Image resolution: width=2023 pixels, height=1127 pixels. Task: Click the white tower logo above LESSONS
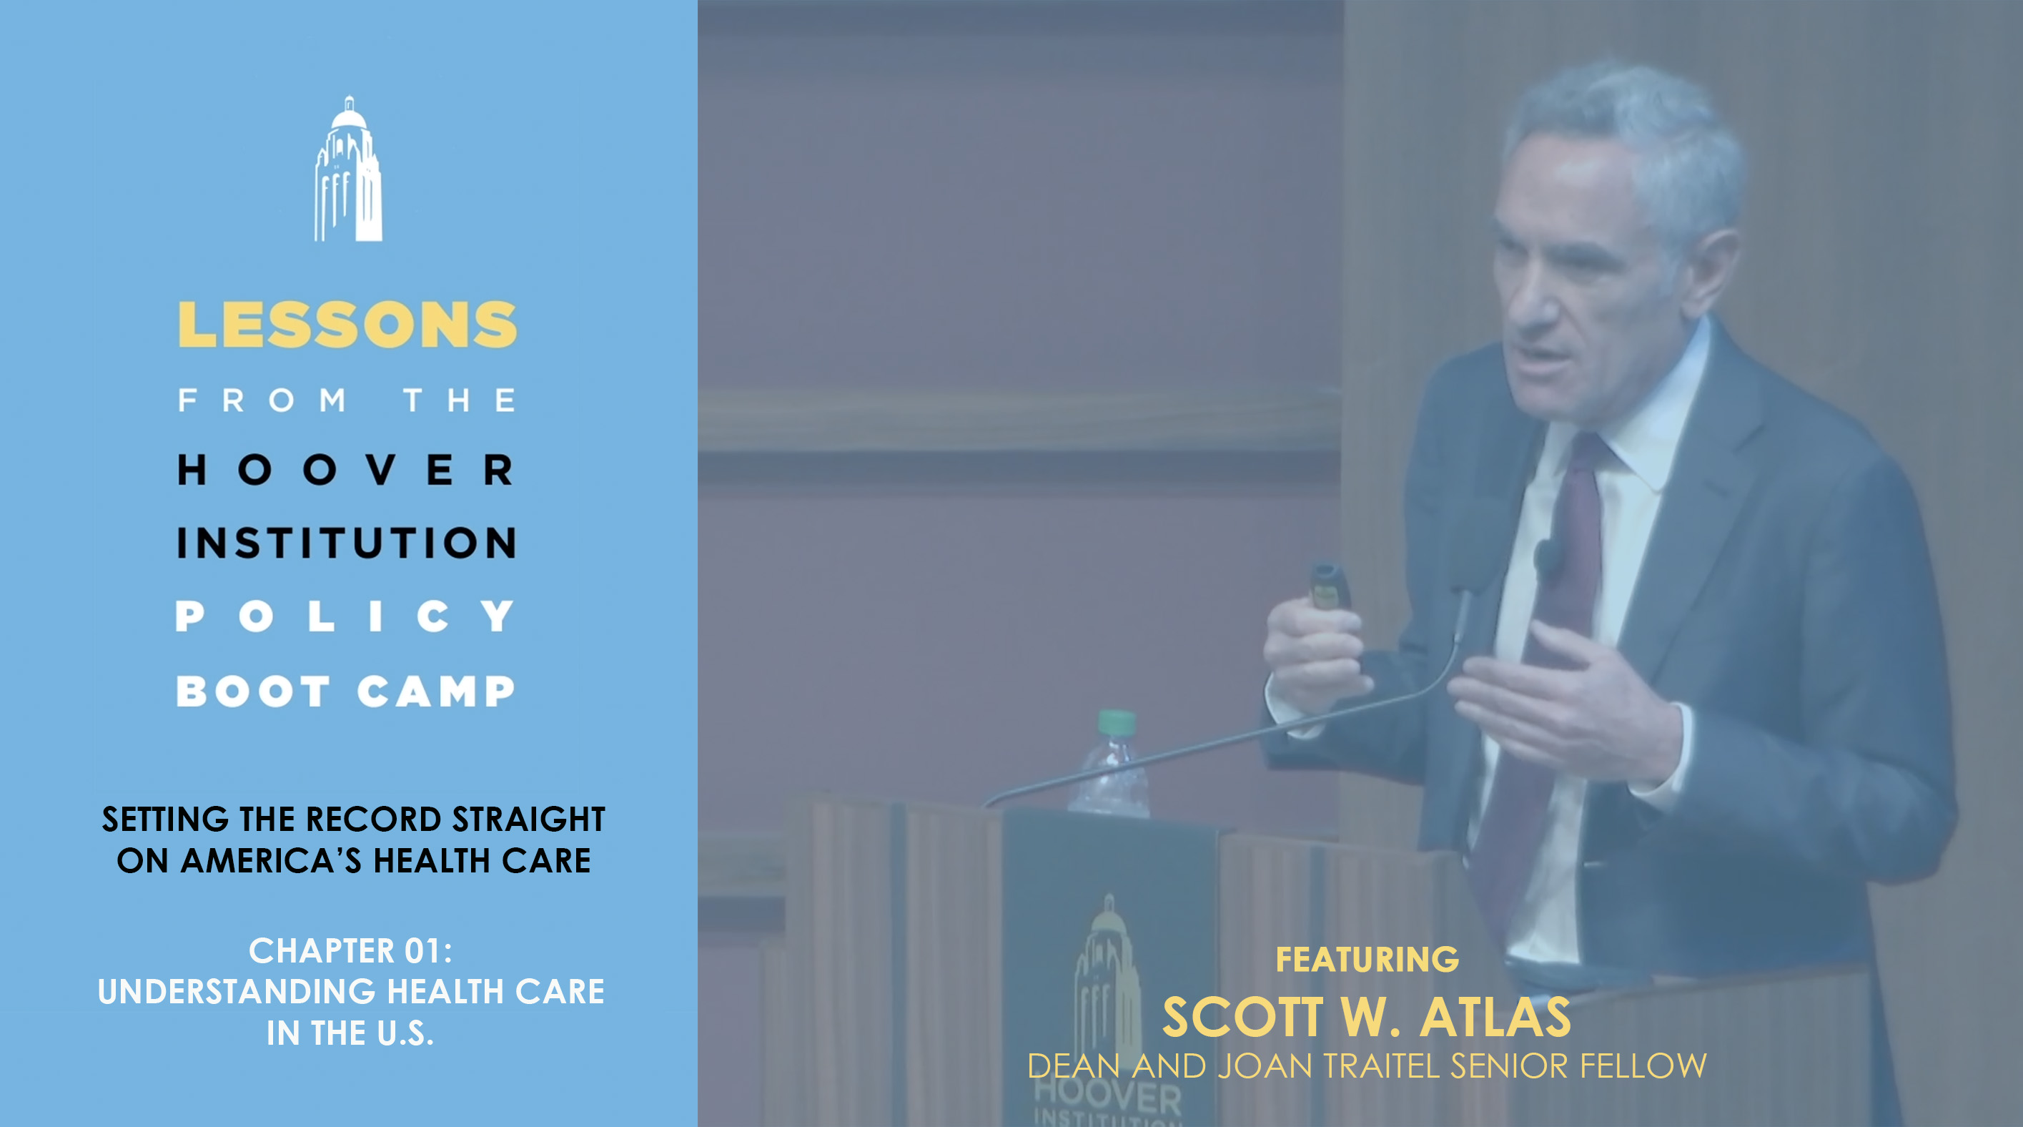click(348, 169)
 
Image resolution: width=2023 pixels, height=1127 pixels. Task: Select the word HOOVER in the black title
click(345, 470)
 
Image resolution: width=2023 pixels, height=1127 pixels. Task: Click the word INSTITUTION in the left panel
click(346, 543)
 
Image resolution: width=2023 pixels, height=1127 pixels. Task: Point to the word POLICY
click(345, 616)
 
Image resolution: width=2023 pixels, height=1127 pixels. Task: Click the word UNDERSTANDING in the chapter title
click(237, 991)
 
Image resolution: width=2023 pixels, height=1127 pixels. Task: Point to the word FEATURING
click(1367, 959)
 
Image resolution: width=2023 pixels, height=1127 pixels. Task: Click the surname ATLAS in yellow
click(1495, 1017)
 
